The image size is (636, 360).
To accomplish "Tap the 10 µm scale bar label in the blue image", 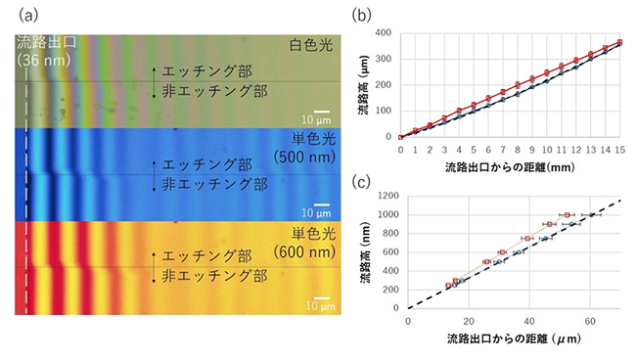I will click(314, 212).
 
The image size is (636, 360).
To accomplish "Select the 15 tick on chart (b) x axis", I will click(619, 150).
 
